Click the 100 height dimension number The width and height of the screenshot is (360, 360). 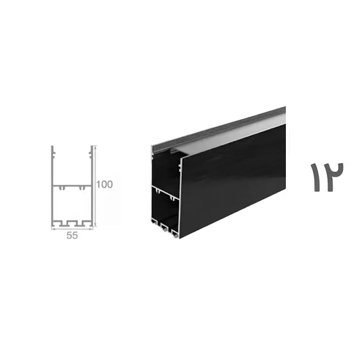pos(104,184)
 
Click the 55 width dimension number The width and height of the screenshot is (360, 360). pos(72,235)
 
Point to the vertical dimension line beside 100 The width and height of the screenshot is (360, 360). pos(95,186)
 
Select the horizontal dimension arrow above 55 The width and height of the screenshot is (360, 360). pos(72,229)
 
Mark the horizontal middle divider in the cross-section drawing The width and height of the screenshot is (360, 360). pos(72,185)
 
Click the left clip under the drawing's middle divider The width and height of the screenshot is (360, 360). pos(62,188)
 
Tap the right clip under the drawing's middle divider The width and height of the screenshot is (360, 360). pos(81,188)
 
